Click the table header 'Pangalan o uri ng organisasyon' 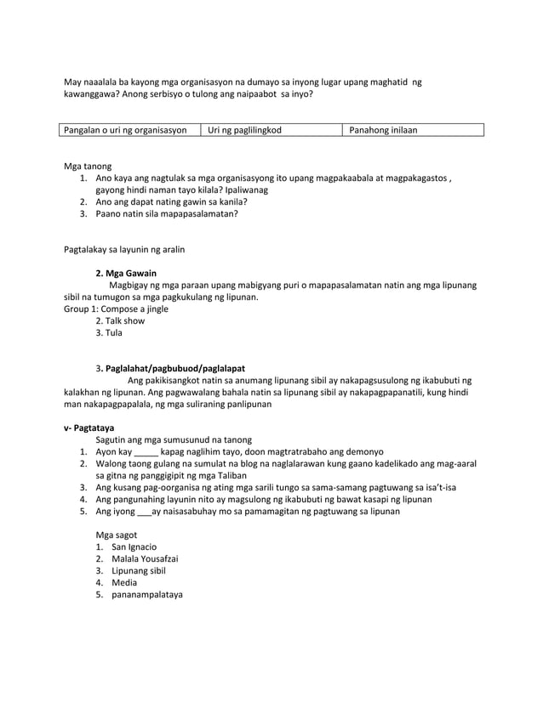pyautogui.click(x=123, y=130)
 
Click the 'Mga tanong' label pyautogui.click(x=88, y=167)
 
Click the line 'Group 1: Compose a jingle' pyautogui.click(x=117, y=309)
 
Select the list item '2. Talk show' pyautogui.click(x=120, y=321)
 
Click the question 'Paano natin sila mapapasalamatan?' pyautogui.click(x=167, y=214)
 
